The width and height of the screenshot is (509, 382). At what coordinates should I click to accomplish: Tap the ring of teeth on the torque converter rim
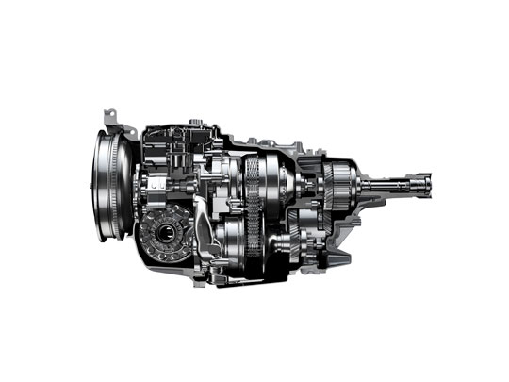(x=99, y=189)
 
